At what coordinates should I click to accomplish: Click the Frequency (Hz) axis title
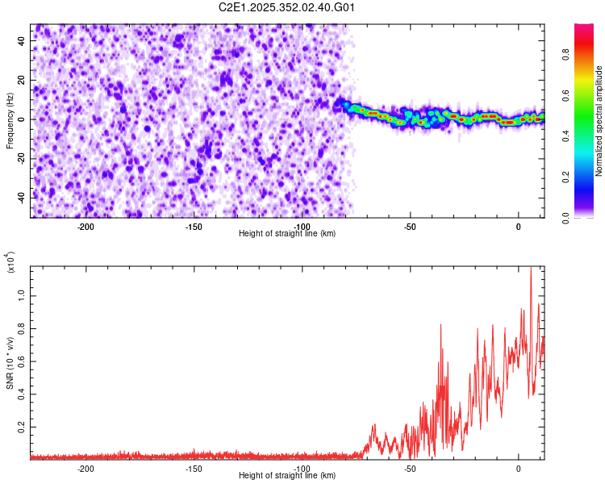[x=10, y=120]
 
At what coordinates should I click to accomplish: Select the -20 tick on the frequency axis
[x=21, y=158]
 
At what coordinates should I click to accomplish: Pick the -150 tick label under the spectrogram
[x=194, y=227]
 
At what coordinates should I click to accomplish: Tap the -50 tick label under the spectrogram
[x=410, y=227]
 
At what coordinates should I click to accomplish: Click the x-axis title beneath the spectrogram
[x=287, y=234]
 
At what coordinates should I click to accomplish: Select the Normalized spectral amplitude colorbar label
[x=599, y=121]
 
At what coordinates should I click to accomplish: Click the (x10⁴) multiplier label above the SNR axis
[x=11, y=265]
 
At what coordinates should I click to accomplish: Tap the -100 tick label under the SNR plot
[x=302, y=469]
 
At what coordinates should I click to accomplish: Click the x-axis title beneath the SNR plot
[x=287, y=476]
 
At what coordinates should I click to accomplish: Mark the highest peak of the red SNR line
[x=531, y=268]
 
